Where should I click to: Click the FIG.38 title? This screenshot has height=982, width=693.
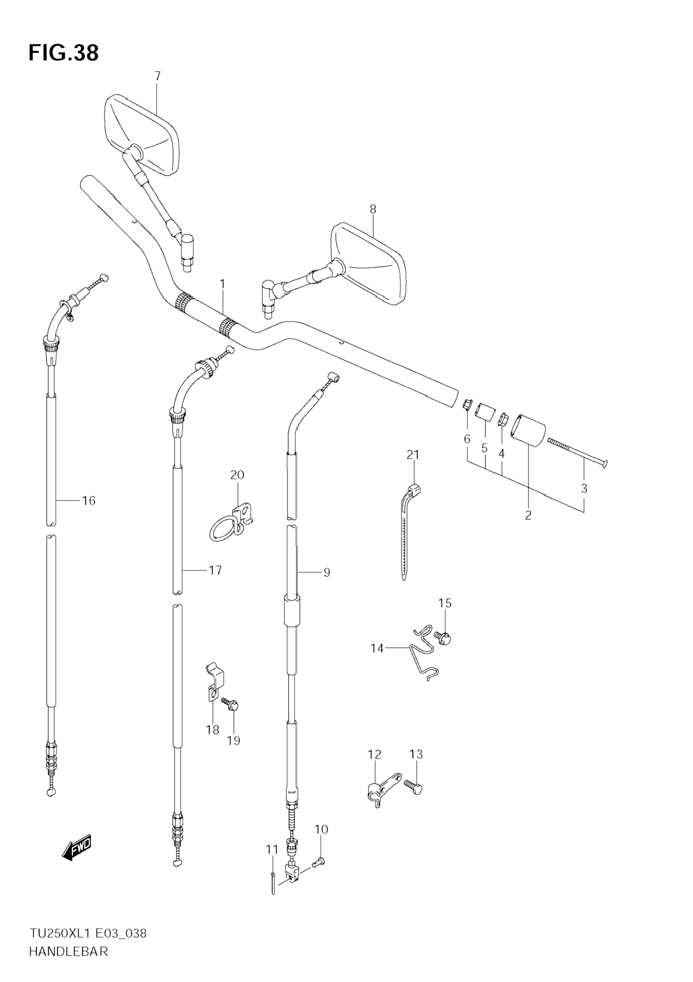pyautogui.click(x=63, y=53)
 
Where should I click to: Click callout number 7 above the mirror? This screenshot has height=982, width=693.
pyautogui.click(x=157, y=76)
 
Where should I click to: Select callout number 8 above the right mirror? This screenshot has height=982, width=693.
pyautogui.click(x=373, y=209)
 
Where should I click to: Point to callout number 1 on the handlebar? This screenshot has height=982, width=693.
pyautogui.click(x=222, y=283)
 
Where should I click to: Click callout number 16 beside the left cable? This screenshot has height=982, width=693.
pyautogui.click(x=89, y=500)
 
